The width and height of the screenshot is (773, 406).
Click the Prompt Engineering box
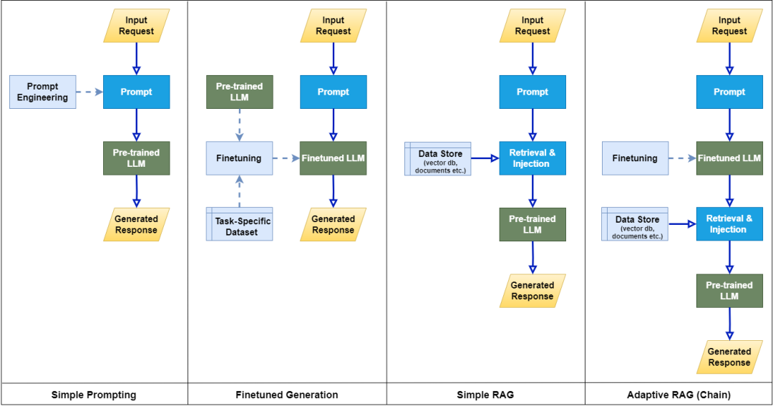pos(43,92)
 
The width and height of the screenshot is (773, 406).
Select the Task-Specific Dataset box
pos(239,224)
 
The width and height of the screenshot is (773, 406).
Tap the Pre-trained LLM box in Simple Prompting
pos(136,158)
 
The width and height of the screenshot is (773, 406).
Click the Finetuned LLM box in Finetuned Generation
pos(333,158)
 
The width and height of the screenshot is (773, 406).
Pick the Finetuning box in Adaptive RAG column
pos(635,158)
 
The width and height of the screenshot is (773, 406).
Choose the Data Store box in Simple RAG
pos(437,158)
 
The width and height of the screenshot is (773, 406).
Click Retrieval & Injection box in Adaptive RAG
pos(729,224)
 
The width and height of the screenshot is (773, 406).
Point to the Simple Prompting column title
pos(94,395)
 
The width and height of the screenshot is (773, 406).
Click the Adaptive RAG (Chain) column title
pos(679,395)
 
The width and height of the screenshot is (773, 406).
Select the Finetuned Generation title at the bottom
pos(287,395)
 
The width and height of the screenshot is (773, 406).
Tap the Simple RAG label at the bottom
pos(485,395)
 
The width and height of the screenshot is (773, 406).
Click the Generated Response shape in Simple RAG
pos(532,291)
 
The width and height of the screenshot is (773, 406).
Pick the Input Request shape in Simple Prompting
pos(136,26)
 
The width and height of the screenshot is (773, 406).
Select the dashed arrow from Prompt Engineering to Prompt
pos(89,92)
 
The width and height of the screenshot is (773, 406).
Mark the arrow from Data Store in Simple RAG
pos(485,158)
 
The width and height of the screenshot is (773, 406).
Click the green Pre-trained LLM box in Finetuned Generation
pos(239,92)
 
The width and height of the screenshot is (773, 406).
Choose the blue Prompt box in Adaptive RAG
pos(729,92)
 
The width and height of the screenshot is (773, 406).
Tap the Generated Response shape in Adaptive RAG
pos(729,357)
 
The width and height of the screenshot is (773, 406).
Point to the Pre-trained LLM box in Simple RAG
pos(532,224)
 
